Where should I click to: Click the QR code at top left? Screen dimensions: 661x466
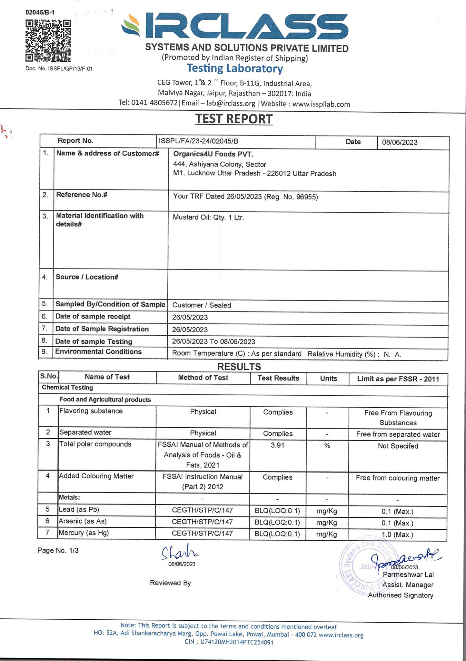pyautogui.click(x=48, y=41)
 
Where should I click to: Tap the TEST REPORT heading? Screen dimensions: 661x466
pyautogui.click(x=234, y=119)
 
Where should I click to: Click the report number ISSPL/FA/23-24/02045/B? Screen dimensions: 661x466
pyautogui.click(x=198, y=141)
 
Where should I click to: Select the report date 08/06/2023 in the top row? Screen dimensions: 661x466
pyautogui.click(x=400, y=142)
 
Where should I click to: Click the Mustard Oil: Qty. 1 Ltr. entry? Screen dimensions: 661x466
pyautogui.click(x=208, y=217)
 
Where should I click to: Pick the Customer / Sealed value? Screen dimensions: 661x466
pyautogui.click(x=202, y=305)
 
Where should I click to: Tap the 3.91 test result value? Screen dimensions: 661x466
pyautogui.click(x=277, y=445)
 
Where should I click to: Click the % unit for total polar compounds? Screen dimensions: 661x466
pyautogui.click(x=327, y=446)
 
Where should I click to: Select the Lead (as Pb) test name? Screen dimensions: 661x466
pyautogui.click(x=79, y=509)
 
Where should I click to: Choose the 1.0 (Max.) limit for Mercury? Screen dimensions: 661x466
pyautogui.click(x=397, y=534)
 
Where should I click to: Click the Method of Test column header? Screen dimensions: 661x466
pyautogui.click(x=203, y=378)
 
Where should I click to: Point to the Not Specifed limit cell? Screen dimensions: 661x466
pyautogui.click(x=398, y=446)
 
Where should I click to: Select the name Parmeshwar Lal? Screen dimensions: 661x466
pyautogui.click(x=408, y=575)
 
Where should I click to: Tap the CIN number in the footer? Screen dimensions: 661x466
pyautogui.click(x=229, y=642)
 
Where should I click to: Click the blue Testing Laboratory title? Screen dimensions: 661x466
pyautogui.click(x=235, y=68)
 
